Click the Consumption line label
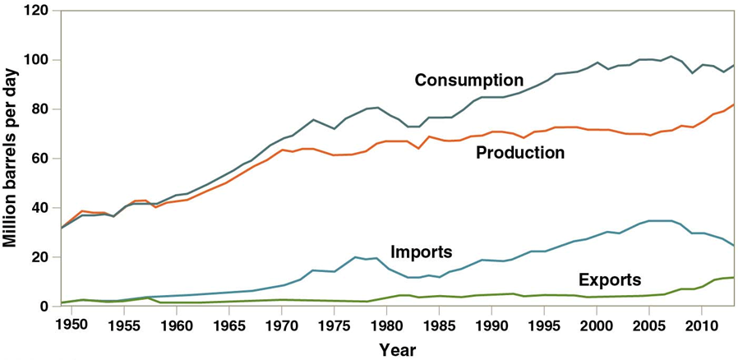[468, 81]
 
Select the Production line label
[520, 153]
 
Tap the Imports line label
[422, 252]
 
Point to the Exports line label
[610, 279]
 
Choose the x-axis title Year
[398, 350]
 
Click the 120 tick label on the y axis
[37, 12]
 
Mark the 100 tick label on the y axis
[37, 61]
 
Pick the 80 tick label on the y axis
[40, 110]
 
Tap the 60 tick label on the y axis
[40, 159]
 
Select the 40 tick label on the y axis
[40, 208]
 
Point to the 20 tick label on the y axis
[40, 257]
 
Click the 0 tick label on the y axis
[44, 307]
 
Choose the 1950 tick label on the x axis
[72, 325]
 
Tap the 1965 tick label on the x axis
[228, 325]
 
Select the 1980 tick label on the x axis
[386, 325]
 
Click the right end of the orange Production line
[733, 104]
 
